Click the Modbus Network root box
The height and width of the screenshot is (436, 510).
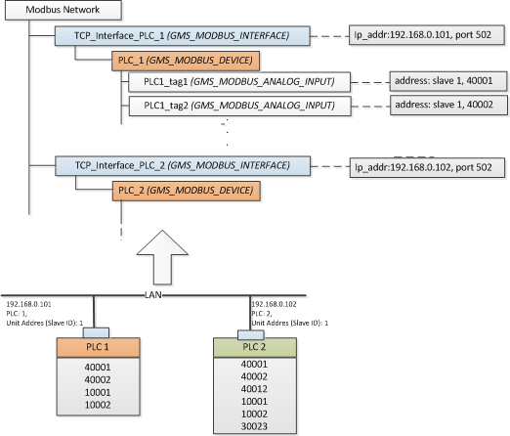(64, 10)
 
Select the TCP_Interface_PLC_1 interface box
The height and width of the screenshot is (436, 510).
(183, 36)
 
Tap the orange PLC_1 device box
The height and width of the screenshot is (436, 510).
(186, 61)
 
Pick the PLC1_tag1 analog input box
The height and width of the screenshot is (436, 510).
(239, 82)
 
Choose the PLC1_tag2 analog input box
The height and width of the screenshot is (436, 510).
(240, 106)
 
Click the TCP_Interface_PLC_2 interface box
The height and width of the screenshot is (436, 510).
(183, 166)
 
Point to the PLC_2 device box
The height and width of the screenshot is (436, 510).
(187, 191)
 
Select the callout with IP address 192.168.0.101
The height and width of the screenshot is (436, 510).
(427, 35)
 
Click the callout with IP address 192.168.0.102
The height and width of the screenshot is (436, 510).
(427, 167)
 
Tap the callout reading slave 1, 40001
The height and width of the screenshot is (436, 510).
(448, 81)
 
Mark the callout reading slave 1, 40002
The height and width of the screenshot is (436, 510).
(448, 105)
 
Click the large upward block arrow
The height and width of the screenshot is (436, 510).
(162, 257)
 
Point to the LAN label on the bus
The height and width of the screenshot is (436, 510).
(153, 295)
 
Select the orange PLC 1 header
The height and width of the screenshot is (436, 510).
(99, 347)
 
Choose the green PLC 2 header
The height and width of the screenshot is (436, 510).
(255, 347)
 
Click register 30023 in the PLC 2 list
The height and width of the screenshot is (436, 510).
(254, 426)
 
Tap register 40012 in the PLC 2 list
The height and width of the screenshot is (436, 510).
(254, 389)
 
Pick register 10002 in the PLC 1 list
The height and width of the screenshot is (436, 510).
(98, 405)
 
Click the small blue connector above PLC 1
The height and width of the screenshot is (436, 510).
(96, 333)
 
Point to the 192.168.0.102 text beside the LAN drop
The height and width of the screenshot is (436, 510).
(274, 304)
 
